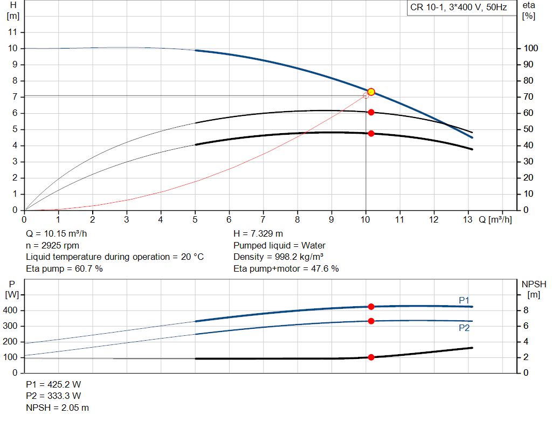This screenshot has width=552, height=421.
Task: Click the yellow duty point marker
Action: pyautogui.click(x=371, y=92)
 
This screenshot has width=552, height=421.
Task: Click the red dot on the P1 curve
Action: pyautogui.click(x=371, y=307)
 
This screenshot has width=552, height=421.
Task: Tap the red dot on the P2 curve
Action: pyautogui.click(x=371, y=321)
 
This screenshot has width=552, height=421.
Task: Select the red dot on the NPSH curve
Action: pyautogui.click(x=371, y=357)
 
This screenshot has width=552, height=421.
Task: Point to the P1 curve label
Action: pyautogui.click(x=464, y=300)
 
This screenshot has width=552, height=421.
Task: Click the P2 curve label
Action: pyautogui.click(x=464, y=328)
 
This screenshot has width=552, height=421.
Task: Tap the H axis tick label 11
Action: pyautogui.click(x=13, y=32)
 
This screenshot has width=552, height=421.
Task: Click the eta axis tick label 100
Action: pyautogui.click(x=530, y=48)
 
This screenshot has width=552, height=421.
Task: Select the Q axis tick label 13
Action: pyautogui.click(x=467, y=219)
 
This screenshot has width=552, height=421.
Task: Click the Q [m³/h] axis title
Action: pyautogui.click(x=495, y=219)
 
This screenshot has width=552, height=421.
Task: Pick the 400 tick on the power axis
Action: pyautogui.click(x=10, y=310)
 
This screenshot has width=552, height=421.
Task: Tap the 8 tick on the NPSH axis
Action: pyautogui.click(x=526, y=310)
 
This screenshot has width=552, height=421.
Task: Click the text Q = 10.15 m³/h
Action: pyautogui.click(x=56, y=234)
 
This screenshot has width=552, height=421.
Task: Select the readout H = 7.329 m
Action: pyautogui.click(x=258, y=234)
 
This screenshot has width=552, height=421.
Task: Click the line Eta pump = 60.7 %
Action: pyautogui.click(x=65, y=269)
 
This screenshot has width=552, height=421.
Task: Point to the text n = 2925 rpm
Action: pyautogui.click(x=52, y=245)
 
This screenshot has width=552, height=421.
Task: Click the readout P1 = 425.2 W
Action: pyautogui.click(x=53, y=384)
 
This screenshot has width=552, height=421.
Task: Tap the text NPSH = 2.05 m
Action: pyautogui.click(x=57, y=408)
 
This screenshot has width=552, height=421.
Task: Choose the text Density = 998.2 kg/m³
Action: pyautogui.click(x=279, y=257)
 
